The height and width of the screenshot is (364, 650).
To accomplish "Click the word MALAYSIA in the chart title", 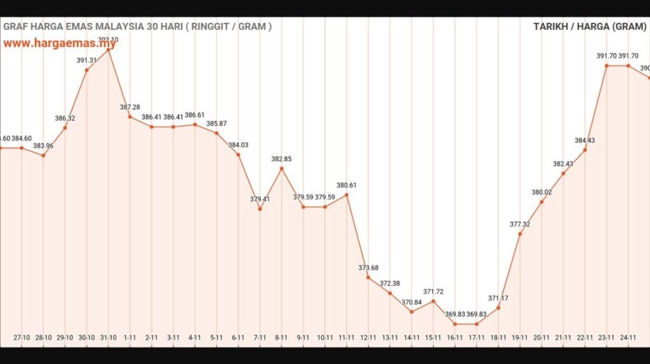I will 121,27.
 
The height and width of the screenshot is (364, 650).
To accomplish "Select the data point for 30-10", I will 86,70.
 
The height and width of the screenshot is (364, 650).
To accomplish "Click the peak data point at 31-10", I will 109,50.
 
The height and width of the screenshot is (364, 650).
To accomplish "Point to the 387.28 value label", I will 130,107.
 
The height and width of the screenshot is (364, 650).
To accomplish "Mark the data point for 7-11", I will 260,209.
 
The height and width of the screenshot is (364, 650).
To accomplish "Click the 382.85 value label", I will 281,159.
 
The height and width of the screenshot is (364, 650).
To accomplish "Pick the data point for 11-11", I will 347,194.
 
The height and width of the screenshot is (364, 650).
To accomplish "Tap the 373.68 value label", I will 368,267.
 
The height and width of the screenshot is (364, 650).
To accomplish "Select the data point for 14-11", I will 411,312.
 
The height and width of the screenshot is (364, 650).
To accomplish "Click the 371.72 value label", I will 433,292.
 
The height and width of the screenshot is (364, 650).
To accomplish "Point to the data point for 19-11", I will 520,234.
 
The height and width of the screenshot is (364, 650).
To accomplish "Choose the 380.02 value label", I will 541,192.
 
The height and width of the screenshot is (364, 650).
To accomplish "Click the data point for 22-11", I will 585,150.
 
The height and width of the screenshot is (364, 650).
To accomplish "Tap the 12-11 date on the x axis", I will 368,338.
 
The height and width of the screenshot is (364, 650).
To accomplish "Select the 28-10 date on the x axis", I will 43,338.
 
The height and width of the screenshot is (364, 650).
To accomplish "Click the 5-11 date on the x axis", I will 216,338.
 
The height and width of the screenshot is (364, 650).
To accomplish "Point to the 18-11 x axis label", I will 498,338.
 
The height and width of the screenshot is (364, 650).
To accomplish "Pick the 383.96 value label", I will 43,146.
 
